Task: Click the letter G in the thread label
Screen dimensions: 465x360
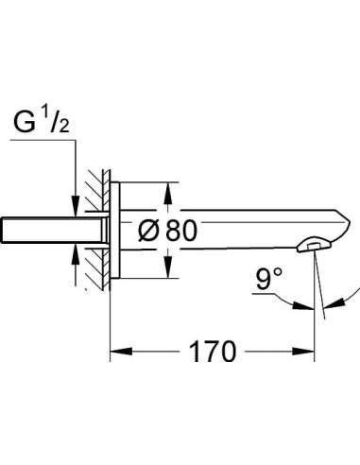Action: [24, 122]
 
